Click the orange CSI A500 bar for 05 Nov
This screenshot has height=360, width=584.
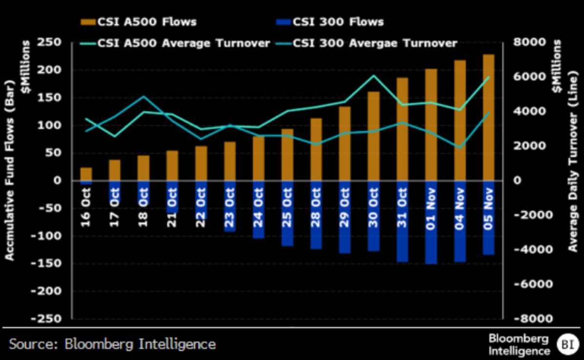click(x=488, y=118)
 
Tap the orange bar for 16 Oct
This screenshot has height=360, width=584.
click(x=86, y=174)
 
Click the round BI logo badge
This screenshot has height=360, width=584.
click(x=566, y=344)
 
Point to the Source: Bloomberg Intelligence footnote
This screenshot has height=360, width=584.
click(x=112, y=344)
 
